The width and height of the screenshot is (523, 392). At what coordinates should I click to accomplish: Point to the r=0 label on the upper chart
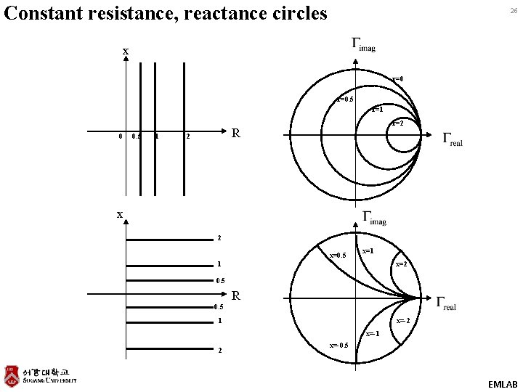click(398, 78)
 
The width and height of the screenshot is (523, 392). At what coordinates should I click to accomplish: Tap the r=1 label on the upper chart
click(376, 110)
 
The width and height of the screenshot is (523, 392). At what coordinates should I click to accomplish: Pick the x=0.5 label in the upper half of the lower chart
click(338, 256)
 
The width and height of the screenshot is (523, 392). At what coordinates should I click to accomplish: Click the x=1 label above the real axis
click(368, 250)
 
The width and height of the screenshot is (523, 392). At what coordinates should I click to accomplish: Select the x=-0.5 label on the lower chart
click(338, 344)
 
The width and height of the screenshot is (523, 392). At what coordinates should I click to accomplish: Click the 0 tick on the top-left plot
click(120, 136)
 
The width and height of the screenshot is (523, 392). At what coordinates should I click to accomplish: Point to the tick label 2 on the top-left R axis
click(187, 136)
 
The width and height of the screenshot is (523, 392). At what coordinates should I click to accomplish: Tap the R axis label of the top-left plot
click(235, 134)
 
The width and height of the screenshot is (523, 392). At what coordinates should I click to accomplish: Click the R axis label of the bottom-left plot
click(235, 295)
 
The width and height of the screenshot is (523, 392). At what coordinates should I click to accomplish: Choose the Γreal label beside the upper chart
click(452, 139)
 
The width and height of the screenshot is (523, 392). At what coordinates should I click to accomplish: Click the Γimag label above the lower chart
click(374, 217)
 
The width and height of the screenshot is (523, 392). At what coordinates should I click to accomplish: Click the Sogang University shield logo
click(12, 375)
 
